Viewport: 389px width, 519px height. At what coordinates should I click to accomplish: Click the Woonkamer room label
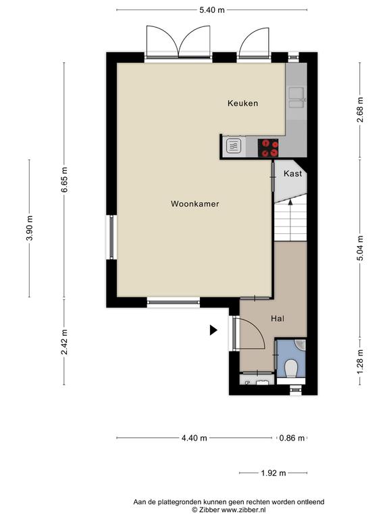[194, 204]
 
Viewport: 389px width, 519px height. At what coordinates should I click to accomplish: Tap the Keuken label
[243, 103]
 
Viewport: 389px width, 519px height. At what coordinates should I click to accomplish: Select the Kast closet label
[292, 174]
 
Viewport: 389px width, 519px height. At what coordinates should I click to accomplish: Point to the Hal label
[278, 319]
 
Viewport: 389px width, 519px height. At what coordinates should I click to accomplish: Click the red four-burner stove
[268, 148]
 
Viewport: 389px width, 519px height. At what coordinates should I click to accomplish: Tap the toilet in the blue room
[291, 368]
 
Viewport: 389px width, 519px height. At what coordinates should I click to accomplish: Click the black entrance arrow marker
[213, 330]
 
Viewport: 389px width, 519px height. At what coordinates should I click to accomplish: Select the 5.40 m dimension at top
[211, 10]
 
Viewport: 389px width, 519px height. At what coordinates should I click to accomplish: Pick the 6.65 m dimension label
[64, 180]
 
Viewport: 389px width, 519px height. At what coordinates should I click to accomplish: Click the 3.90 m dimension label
[30, 228]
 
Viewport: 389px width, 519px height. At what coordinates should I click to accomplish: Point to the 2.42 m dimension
[64, 342]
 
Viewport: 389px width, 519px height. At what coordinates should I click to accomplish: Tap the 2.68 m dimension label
[360, 110]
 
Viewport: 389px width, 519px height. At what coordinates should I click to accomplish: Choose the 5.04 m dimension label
[360, 248]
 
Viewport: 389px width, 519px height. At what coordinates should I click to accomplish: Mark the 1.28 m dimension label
[360, 362]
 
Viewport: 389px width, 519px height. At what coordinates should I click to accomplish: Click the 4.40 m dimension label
[194, 438]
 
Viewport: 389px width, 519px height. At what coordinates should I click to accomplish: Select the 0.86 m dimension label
[292, 438]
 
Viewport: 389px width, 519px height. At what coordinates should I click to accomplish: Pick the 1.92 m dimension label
[274, 473]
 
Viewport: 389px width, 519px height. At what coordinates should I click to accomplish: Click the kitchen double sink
[296, 97]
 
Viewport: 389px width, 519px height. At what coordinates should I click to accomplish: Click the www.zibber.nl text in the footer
[242, 510]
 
